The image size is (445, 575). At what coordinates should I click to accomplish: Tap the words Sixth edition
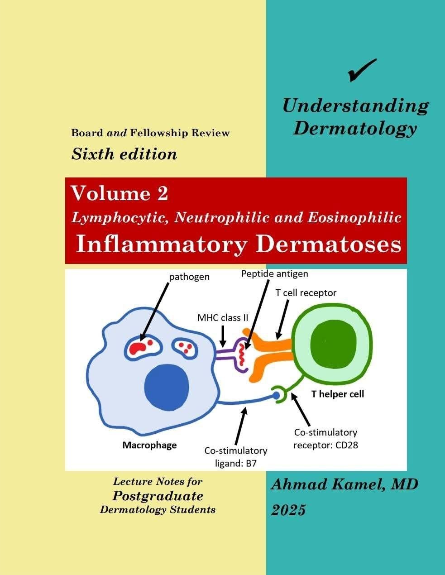[x=124, y=154]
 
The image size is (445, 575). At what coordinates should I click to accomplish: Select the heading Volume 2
[x=120, y=193]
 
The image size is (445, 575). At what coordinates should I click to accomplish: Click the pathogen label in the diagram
[x=189, y=276]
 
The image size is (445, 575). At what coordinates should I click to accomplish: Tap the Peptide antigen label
[x=274, y=274]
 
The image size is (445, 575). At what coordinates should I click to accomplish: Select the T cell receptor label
[x=306, y=293]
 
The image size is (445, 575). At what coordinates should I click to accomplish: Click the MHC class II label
[x=223, y=317]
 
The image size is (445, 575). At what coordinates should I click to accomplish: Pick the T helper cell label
[x=337, y=394]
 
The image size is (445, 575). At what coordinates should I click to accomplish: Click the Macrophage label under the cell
[x=149, y=445]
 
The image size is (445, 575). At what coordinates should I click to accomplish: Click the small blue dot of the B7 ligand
[x=276, y=396]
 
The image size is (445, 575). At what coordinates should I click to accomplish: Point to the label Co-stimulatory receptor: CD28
[x=326, y=439]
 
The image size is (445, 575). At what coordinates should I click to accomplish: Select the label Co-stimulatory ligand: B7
[x=236, y=457]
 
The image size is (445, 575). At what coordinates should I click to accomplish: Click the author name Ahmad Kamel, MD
[x=345, y=484]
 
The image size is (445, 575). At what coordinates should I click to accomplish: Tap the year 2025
[x=288, y=510]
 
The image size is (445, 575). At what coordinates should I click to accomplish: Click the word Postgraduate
[x=158, y=495]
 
